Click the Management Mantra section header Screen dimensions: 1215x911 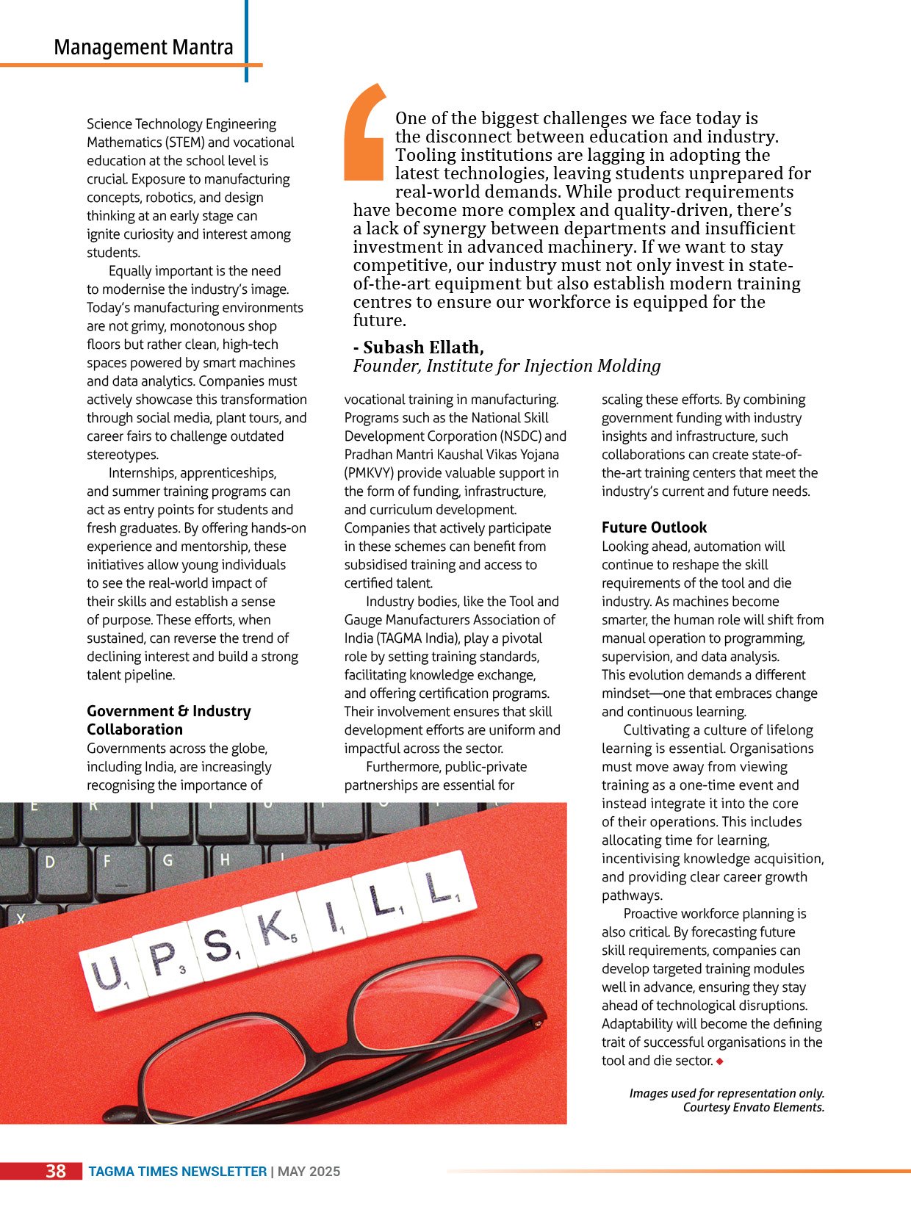pos(143,48)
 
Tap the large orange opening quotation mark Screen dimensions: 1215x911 pos(365,132)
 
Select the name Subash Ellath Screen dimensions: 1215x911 pos(423,347)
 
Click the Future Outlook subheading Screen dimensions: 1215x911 pos(654,527)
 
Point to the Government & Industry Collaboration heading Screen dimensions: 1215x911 pos(169,720)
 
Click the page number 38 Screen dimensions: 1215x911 pos(56,1171)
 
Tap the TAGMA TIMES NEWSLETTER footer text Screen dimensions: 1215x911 pos(178,1172)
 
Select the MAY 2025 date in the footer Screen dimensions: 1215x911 pos(309,1172)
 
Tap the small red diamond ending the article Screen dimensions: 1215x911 pos(720,1061)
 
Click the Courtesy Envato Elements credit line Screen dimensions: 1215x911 pos(753,1107)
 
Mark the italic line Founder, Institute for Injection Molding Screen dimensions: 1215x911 pos(507,366)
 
